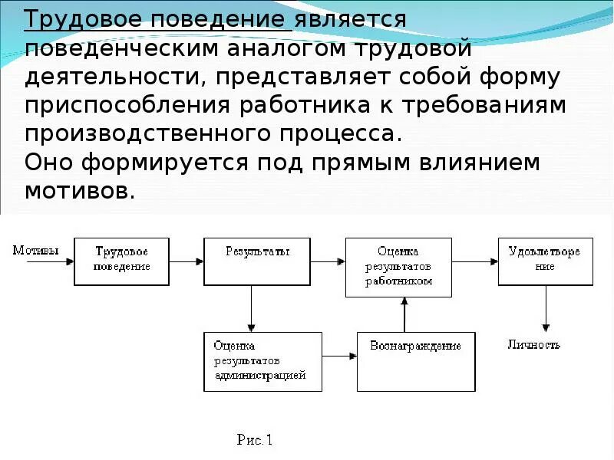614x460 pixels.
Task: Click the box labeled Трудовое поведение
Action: [x=120, y=261]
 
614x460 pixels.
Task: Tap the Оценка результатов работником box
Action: [x=398, y=266]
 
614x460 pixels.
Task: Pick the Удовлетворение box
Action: [x=544, y=261]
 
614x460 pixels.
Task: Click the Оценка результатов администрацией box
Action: [x=262, y=362]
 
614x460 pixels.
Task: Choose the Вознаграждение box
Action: [x=415, y=362]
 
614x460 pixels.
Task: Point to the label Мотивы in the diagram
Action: [x=35, y=250]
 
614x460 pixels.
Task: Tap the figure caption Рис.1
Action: [x=255, y=440]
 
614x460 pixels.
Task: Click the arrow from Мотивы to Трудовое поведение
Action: [x=50, y=261]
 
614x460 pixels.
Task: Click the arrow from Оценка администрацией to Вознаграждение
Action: [x=339, y=356]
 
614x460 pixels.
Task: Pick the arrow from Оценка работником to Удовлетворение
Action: [x=474, y=261]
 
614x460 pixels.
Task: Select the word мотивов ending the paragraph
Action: [x=79, y=190]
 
